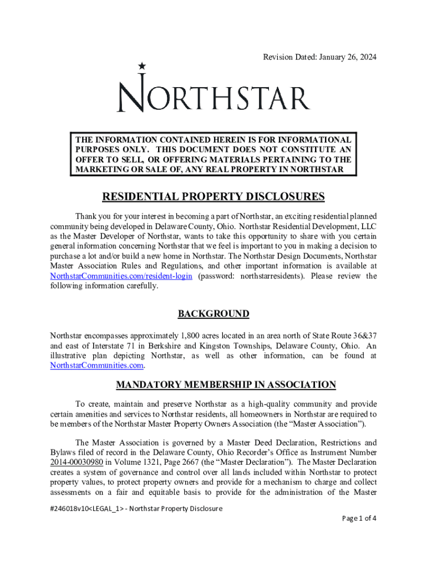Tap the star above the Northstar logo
[143, 66]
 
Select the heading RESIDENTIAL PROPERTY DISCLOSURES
[213, 197]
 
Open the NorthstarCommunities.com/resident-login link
[121, 276]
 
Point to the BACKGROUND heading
[213, 314]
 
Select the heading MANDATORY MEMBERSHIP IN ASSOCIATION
[225, 384]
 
